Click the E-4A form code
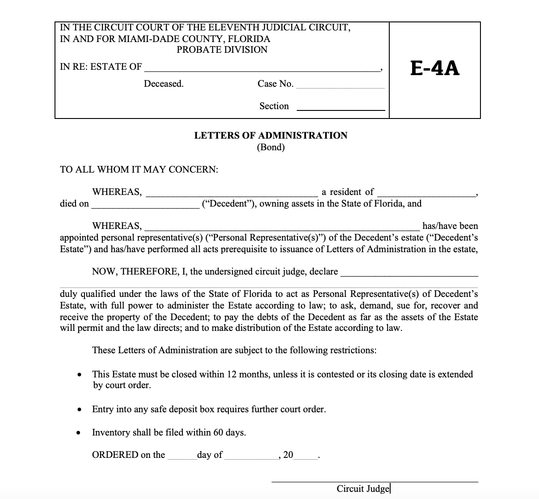(x=434, y=68)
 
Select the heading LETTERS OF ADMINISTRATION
(x=270, y=135)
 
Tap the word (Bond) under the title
(x=270, y=147)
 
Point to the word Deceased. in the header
(x=164, y=84)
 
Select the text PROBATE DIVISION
(x=222, y=50)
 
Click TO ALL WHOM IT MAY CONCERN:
(x=139, y=169)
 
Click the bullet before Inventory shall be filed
(x=79, y=433)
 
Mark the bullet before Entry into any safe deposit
(x=79, y=409)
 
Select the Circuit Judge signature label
(x=362, y=489)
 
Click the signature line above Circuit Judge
(x=375, y=482)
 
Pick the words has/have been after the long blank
(x=450, y=226)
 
